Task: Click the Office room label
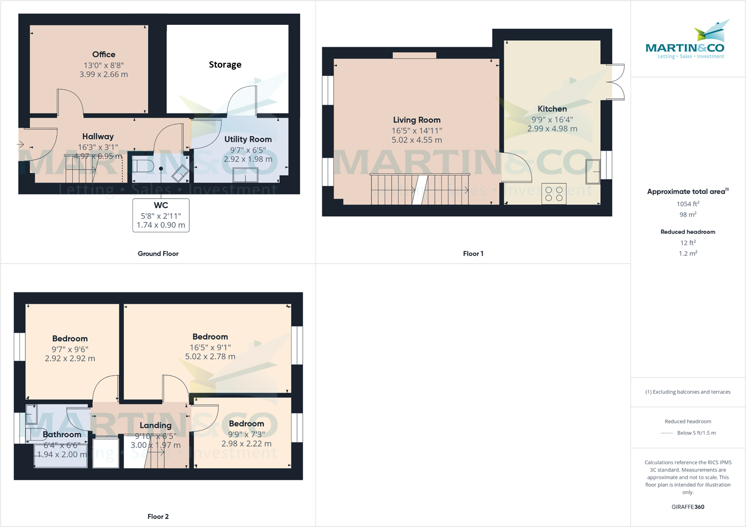pos(104,55)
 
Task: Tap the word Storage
pos(225,65)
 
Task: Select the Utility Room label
pos(248,139)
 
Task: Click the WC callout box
pos(161,215)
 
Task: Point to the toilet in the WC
pos(142,165)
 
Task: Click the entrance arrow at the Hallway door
pos(20,144)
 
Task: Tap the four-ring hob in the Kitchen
pos(554,194)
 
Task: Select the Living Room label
pos(417,120)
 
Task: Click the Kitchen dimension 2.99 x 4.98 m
pos(552,129)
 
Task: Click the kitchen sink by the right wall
pos(593,172)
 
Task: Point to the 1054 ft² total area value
pos(688,204)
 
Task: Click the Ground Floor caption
pos(158,254)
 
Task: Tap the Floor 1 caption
pos(473,254)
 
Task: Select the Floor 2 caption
pos(158,517)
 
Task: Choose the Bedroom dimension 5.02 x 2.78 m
pos(210,357)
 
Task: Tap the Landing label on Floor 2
pos(155,425)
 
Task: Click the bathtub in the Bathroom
pos(60,456)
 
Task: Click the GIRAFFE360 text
pos(688,507)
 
